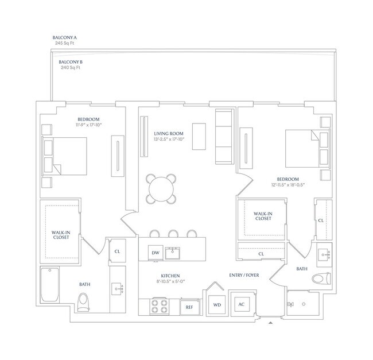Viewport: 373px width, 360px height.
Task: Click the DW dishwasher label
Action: pos(156,253)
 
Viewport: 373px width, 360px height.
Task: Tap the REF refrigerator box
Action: pos(189,307)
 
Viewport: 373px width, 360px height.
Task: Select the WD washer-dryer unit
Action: pos(217,305)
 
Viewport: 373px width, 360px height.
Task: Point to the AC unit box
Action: pos(242,304)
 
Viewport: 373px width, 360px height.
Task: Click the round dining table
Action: pos(161,189)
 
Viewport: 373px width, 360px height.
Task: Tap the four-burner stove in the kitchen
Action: pos(160,306)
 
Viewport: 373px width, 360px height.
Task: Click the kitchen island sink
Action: pos(173,253)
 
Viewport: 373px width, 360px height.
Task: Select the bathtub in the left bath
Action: pos(50,285)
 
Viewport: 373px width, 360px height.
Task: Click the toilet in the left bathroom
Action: pos(83,302)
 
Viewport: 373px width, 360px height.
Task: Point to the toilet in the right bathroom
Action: pos(321,278)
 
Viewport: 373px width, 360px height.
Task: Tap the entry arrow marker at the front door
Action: pos(270,323)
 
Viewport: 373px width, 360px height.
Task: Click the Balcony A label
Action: pos(65,37)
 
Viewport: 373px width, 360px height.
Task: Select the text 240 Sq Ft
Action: pos(71,68)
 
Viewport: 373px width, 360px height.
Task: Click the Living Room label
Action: pos(169,134)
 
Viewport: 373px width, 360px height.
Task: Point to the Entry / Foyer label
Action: pos(244,275)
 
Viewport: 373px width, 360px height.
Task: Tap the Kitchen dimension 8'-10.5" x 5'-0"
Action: pos(170,281)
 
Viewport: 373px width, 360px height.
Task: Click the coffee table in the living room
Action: pos(199,136)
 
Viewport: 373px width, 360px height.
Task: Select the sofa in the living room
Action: pos(224,136)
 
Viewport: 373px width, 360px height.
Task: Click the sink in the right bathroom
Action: pos(324,255)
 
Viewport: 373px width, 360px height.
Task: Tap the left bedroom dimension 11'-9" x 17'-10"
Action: pos(89,125)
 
